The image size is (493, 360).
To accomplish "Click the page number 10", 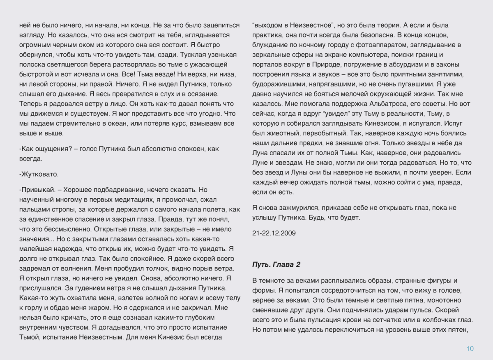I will coord(470,349).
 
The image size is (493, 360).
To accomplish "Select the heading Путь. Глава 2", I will coord(276,265).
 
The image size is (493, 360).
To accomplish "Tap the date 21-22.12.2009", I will coord(274,233).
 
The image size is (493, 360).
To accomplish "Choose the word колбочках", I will coord(435,319).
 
